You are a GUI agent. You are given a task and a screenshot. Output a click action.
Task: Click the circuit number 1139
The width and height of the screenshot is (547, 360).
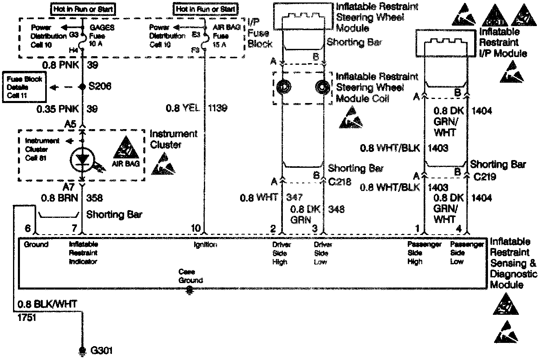click(x=217, y=108)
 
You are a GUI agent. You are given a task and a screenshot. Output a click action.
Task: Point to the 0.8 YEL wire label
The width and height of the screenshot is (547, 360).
click(x=183, y=108)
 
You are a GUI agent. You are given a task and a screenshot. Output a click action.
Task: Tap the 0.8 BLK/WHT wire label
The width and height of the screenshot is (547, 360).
click(x=47, y=304)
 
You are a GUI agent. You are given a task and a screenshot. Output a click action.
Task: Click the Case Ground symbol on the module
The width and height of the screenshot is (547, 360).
click(x=189, y=290)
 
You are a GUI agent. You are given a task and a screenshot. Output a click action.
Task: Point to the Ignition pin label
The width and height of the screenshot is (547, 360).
click(x=205, y=244)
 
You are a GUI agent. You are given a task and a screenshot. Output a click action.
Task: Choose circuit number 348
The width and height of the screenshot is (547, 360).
click(x=336, y=209)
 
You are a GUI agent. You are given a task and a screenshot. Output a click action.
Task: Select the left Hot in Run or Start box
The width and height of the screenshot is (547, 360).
click(x=83, y=8)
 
